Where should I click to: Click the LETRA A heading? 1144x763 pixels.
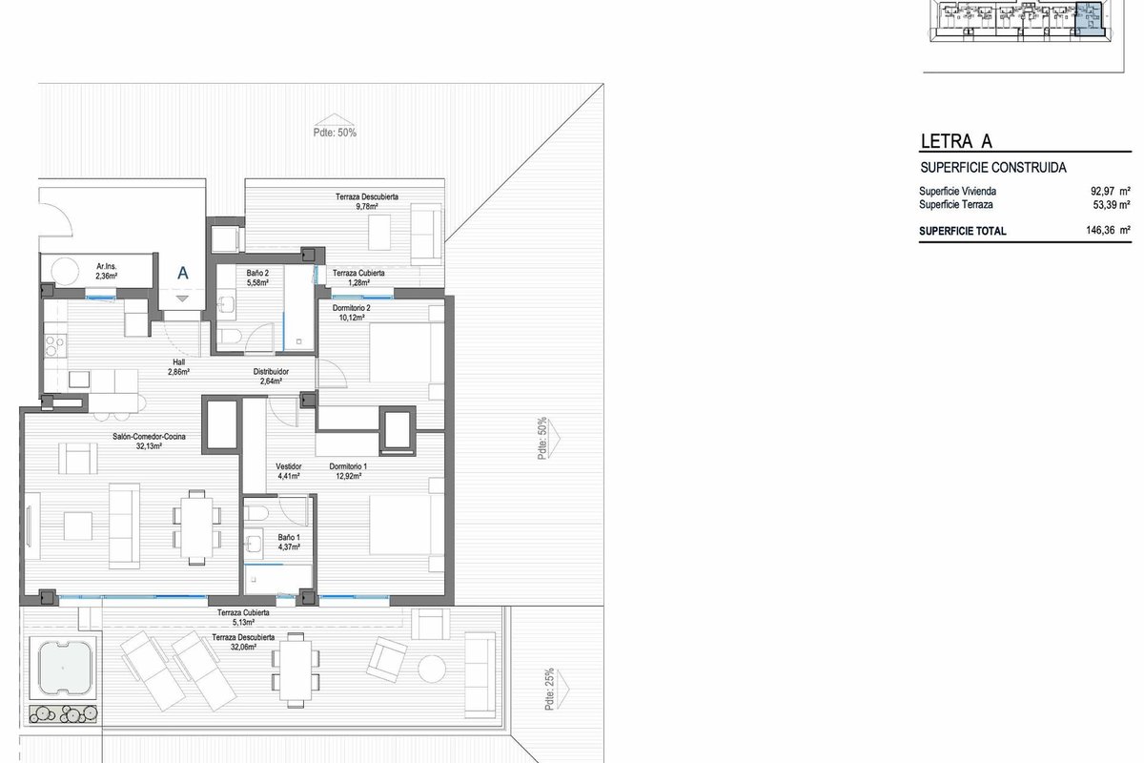[x=956, y=141]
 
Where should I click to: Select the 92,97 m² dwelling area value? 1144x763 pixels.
[x=1111, y=191]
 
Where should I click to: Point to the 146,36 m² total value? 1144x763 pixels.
[x=1108, y=230]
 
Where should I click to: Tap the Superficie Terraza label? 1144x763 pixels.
[x=956, y=204]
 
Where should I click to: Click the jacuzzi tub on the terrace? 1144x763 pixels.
[x=64, y=668]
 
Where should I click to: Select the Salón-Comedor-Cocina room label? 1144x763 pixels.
[x=149, y=437]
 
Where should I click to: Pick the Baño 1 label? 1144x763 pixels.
[x=289, y=537]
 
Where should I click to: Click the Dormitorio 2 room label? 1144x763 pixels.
[x=352, y=308]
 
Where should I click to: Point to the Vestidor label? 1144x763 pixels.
[x=289, y=466]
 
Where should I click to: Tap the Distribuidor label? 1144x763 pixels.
[x=271, y=372]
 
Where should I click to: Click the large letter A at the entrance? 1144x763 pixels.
[x=183, y=273]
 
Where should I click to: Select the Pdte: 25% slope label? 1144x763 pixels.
[x=549, y=689]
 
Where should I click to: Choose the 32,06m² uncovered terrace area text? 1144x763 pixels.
[x=243, y=647]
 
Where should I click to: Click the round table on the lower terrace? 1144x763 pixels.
[x=432, y=669]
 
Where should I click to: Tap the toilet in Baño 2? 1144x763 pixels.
[x=230, y=337]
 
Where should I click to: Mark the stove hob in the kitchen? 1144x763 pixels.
[x=55, y=345]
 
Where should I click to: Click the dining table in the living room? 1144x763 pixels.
[x=197, y=527]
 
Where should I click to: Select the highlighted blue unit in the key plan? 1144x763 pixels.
[x=1088, y=23]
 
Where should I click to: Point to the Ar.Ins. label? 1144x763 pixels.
[x=107, y=266]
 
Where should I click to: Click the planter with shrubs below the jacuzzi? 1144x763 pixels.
[x=63, y=714]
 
